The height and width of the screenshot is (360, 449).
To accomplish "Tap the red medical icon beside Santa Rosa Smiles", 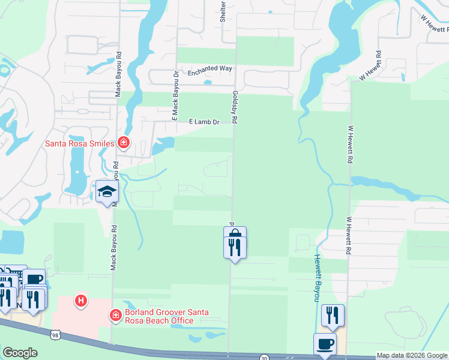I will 123,143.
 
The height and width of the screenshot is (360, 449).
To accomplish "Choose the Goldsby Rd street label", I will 235,107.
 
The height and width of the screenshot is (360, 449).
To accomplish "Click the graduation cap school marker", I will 107,192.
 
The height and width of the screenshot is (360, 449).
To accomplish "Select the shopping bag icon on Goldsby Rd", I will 235,233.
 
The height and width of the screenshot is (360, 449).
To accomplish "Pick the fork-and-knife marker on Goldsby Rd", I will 234,247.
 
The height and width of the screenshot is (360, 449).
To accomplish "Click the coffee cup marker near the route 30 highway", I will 325,344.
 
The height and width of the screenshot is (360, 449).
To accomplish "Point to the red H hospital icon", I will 79,299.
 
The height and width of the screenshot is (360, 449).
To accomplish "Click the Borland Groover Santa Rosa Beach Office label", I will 159,316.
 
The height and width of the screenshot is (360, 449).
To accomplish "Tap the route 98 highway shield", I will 56,334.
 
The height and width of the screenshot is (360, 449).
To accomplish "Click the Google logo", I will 20,353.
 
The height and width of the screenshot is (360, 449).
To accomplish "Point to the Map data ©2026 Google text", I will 412,355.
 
